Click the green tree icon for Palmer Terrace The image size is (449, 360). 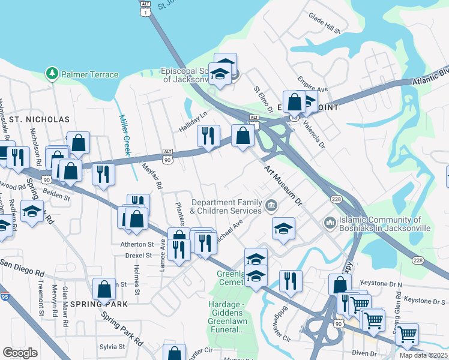52,74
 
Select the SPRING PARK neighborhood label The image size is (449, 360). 99,304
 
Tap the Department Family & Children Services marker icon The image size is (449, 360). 271,206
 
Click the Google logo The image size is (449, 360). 20,352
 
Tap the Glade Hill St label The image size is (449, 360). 324,24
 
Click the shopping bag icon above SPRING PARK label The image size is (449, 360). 104,288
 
